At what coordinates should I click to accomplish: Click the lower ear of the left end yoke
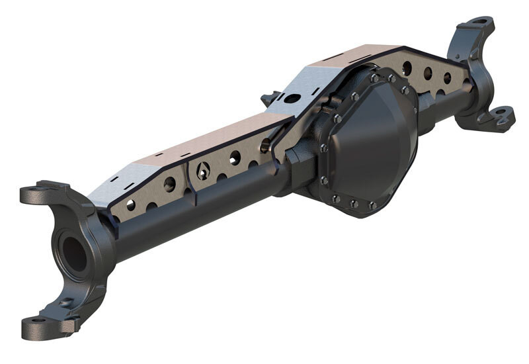coord(53,322)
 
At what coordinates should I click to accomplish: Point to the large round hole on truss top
coord(292,99)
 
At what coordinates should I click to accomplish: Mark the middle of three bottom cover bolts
coord(354,204)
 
